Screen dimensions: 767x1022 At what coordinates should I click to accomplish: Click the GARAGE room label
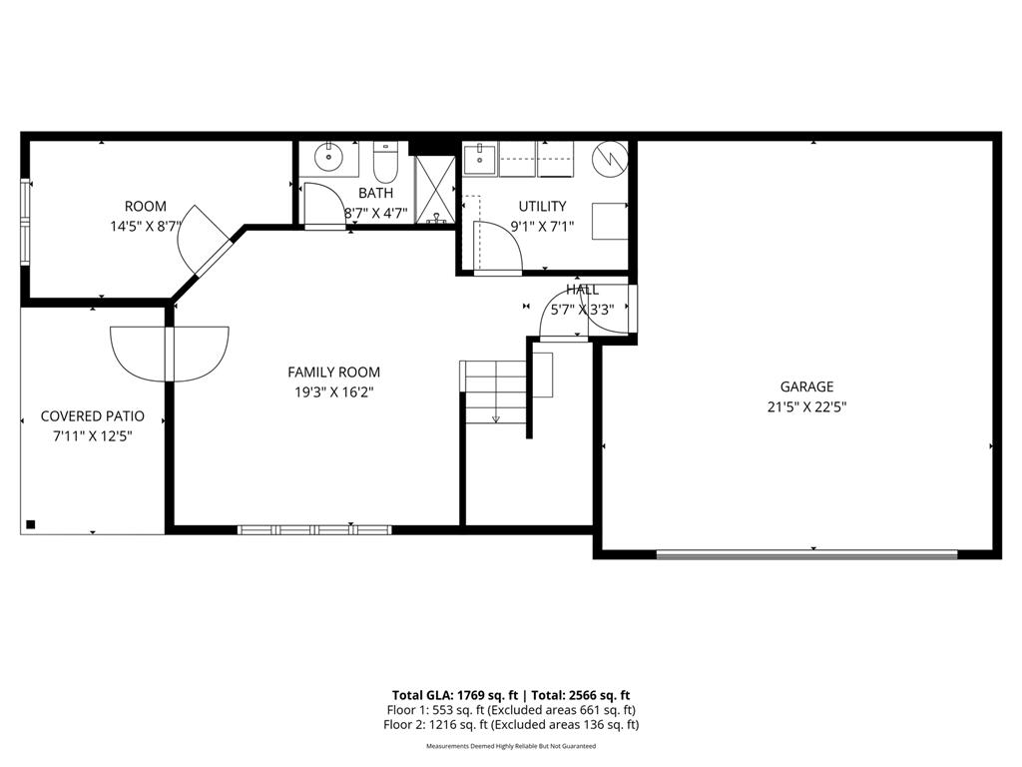[806, 386]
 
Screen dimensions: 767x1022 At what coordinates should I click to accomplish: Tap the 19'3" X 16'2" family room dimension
[333, 393]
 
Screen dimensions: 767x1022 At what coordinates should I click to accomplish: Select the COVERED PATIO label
[92, 415]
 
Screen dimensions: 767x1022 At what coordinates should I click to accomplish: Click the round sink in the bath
[327, 158]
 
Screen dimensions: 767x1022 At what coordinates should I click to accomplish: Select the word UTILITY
[542, 207]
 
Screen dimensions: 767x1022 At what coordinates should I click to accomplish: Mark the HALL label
[583, 290]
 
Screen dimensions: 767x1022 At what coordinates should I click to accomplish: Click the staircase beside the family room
[495, 390]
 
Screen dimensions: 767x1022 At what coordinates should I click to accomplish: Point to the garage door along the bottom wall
[806, 554]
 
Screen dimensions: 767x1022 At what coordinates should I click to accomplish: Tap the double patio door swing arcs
[171, 354]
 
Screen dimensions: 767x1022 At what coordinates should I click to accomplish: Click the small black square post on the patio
[31, 524]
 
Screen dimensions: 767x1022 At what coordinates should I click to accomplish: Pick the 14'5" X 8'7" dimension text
[146, 227]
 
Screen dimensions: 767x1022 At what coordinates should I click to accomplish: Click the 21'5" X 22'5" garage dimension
[806, 406]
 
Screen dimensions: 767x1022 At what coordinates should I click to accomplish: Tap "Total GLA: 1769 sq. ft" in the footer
[455, 695]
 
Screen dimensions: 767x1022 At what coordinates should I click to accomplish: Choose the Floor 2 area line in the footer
[512, 725]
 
